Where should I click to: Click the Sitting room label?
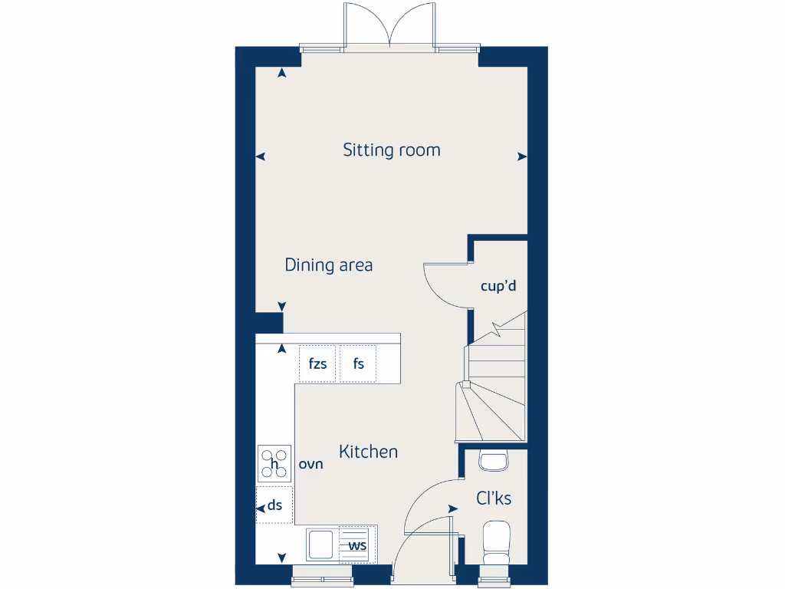pos(392,150)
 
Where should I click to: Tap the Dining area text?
pos(328,265)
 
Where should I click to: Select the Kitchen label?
pos(368,452)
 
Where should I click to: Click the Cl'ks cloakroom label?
pos(494,499)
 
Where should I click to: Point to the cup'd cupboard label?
pos(498,286)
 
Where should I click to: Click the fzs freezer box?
pos(317,364)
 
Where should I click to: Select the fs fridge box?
pos(358,364)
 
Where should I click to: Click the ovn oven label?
pos(310,464)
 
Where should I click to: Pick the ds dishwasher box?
pos(274,505)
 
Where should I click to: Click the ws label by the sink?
pos(356,545)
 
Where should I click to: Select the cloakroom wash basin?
pos(493,460)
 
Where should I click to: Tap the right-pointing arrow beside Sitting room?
pos(522,156)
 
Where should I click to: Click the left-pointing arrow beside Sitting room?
pos(261,156)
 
